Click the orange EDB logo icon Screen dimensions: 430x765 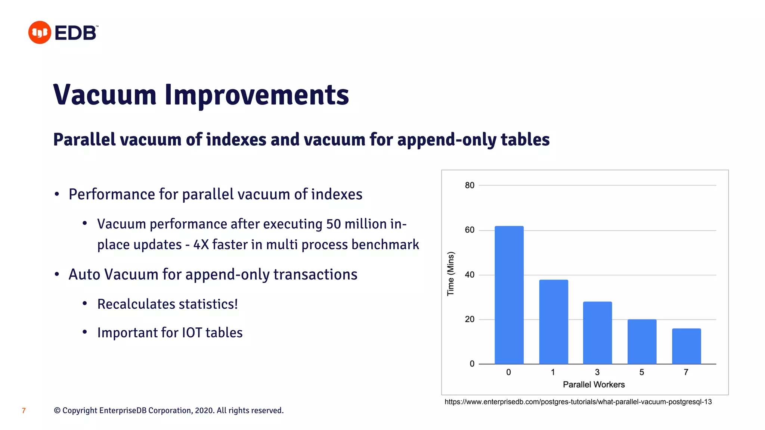point(40,32)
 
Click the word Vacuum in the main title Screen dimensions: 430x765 point(105,95)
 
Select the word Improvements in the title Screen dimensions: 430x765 point(257,95)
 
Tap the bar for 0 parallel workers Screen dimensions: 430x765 point(509,295)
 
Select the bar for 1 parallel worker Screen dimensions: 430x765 point(553,322)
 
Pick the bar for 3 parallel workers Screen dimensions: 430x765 point(597,333)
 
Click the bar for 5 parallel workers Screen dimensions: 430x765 point(642,342)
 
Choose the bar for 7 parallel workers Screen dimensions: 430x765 point(686,346)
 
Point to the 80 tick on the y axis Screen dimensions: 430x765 point(470,186)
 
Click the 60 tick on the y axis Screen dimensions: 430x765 point(470,230)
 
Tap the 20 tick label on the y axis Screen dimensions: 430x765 point(470,319)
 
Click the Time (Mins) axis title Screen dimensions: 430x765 point(451,274)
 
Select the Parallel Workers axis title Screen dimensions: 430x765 point(594,384)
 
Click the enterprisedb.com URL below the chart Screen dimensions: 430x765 point(578,402)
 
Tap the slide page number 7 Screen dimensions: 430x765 point(24,411)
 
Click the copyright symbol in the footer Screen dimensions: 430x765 point(57,411)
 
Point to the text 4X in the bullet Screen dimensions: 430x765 point(201,245)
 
